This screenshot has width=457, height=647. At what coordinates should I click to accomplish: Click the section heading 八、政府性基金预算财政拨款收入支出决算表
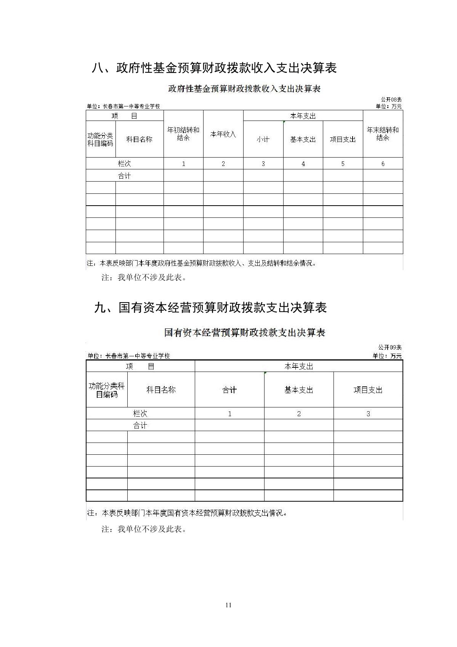[x=214, y=68]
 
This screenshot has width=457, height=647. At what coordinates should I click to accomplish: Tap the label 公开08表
[x=391, y=100]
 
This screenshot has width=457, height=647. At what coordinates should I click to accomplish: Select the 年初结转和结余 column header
[x=183, y=134]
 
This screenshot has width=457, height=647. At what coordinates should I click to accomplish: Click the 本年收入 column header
[x=223, y=134]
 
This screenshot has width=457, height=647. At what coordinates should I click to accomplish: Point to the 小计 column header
[x=263, y=139]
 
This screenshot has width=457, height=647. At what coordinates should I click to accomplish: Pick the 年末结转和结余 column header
[x=383, y=134]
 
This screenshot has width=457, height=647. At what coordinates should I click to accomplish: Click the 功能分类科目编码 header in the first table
[x=101, y=139]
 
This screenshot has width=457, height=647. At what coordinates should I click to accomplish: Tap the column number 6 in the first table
[x=383, y=164]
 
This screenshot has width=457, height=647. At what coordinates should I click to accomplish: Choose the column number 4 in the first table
[x=303, y=164]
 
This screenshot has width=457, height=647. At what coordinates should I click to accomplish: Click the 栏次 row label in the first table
[x=125, y=164]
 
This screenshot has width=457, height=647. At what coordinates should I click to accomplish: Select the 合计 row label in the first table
[x=125, y=175]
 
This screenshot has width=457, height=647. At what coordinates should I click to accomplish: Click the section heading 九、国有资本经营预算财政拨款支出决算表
[x=210, y=307]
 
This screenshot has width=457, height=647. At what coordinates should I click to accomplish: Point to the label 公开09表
[x=390, y=348]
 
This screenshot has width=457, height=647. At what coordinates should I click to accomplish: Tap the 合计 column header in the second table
[x=229, y=390]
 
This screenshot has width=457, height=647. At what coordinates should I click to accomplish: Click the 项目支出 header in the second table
[x=368, y=390]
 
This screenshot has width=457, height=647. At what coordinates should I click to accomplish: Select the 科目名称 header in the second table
[x=161, y=390]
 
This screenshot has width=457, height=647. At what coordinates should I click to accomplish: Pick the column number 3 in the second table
[x=368, y=414]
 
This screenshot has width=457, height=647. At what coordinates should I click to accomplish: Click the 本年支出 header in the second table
[x=299, y=366]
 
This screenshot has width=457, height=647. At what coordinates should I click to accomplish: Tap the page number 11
[x=228, y=605]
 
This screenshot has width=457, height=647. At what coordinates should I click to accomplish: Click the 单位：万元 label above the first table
[x=389, y=106]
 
